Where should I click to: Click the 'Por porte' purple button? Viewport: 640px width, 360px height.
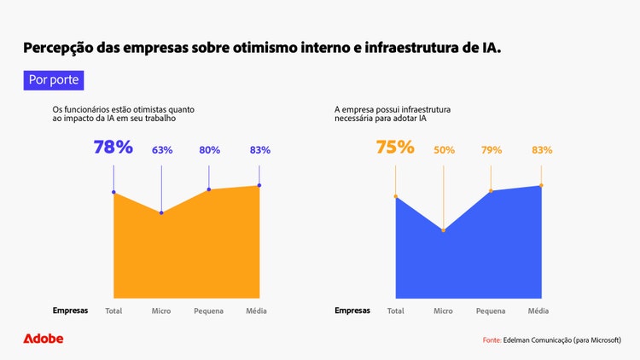[x=54, y=80]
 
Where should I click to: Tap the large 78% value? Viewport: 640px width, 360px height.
[x=113, y=147]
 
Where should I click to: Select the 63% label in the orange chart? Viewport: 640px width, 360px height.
[x=162, y=150]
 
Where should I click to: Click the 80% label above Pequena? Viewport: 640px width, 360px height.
[x=209, y=150]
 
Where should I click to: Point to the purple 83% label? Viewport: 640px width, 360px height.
[x=259, y=150]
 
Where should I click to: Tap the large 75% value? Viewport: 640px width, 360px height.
[x=395, y=147]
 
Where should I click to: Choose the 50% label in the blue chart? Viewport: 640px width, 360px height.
[x=444, y=150]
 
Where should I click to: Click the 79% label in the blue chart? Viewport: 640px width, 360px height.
[x=492, y=150]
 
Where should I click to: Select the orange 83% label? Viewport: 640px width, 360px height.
[x=541, y=150]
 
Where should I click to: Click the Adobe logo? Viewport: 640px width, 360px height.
[x=43, y=339]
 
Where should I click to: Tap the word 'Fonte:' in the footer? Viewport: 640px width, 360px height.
[x=492, y=340]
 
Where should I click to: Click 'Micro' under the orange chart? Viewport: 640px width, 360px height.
[x=161, y=311]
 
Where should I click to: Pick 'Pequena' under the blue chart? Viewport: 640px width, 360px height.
[x=491, y=311]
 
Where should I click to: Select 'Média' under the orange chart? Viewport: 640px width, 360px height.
[x=257, y=311]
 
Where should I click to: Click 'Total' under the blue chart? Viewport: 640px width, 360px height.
[x=395, y=311]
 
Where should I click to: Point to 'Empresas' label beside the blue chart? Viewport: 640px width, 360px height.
[x=352, y=311]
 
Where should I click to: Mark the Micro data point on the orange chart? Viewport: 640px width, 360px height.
[x=161, y=212]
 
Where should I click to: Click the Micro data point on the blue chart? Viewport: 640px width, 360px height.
[x=443, y=230]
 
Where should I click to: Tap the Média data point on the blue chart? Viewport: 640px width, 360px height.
[x=541, y=185]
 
